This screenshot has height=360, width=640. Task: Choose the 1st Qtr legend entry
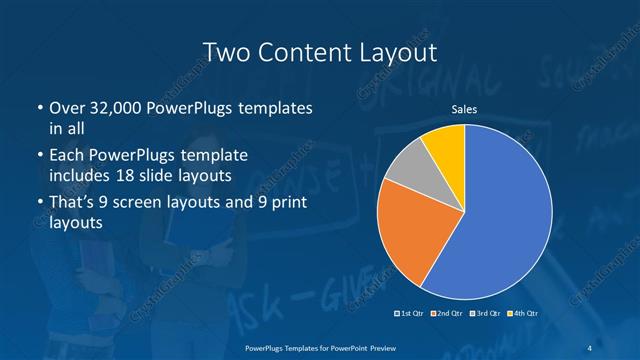411,314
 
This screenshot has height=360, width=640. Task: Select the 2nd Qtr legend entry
447,314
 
